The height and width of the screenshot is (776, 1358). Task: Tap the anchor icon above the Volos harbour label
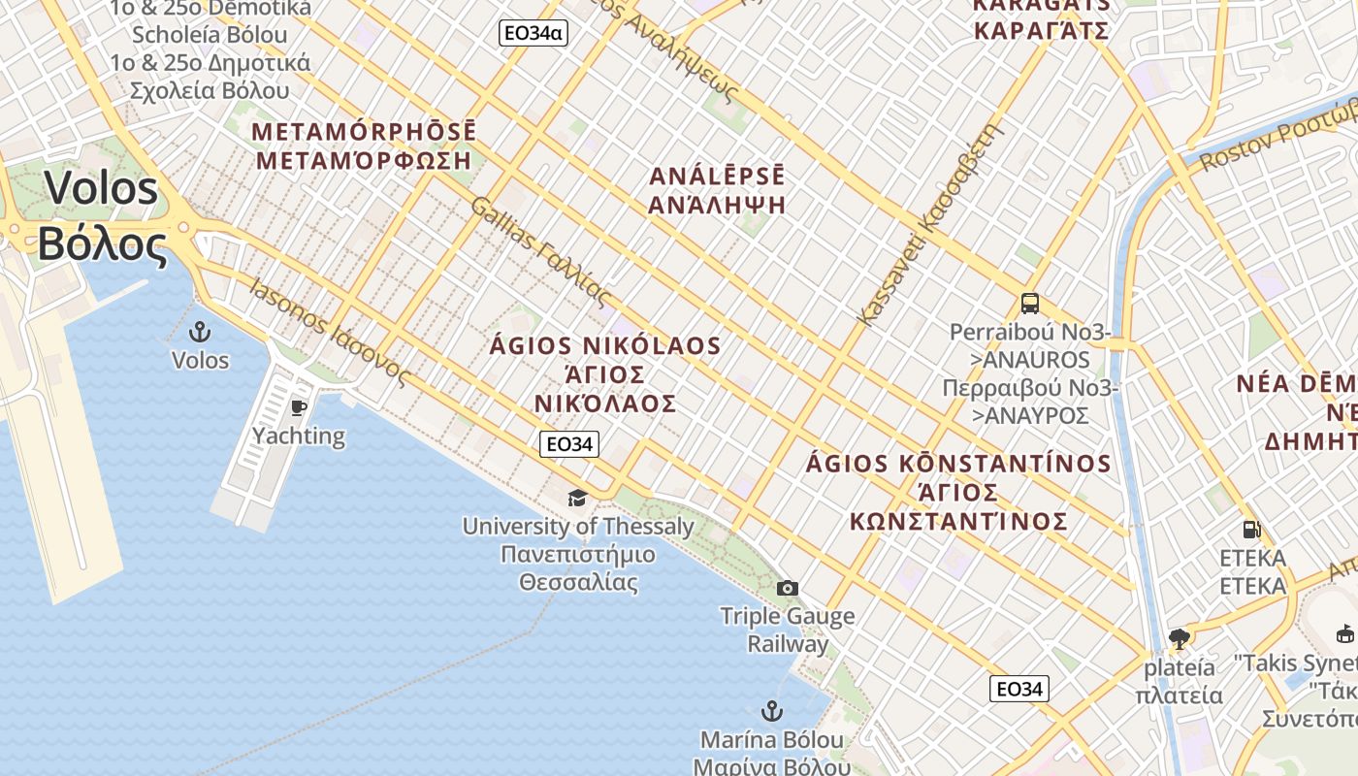click(x=200, y=332)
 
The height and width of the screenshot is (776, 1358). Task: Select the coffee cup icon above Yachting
click(x=298, y=406)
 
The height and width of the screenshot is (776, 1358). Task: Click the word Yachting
click(x=299, y=436)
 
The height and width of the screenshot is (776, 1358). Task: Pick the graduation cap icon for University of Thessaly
click(x=577, y=498)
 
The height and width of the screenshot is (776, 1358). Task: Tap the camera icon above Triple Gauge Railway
click(x=788, y=588)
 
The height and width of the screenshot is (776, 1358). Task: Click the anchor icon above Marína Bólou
click(x=772, y=711)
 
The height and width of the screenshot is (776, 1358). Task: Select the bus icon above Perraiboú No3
click(x=1030, y=304)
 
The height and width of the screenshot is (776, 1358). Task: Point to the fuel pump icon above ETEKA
click(x=1252, y=530)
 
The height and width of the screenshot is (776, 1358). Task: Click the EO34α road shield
click(x=533, y=33)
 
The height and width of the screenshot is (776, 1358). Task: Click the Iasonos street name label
click(x=330, y=333)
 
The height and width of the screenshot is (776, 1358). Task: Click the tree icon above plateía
click(x=1180, y=638)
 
